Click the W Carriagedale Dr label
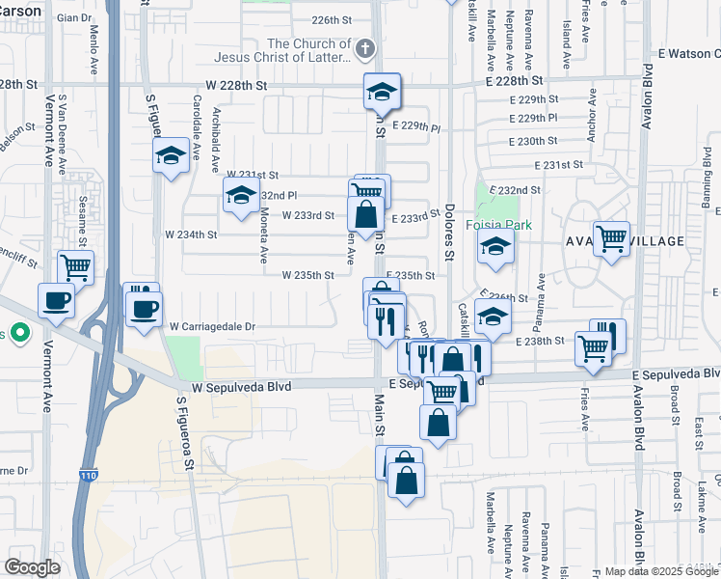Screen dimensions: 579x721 click(212, 327)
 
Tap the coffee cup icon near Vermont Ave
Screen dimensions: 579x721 click(56, 299)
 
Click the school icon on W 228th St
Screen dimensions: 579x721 click(382, 92)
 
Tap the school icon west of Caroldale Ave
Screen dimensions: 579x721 click(170, 154)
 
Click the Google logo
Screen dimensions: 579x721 click(32, 567)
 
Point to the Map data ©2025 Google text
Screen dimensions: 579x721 click(660, 571)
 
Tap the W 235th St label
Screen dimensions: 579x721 click(307, 275)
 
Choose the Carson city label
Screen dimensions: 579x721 click(20, 11)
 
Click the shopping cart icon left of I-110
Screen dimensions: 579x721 click(75, 266)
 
